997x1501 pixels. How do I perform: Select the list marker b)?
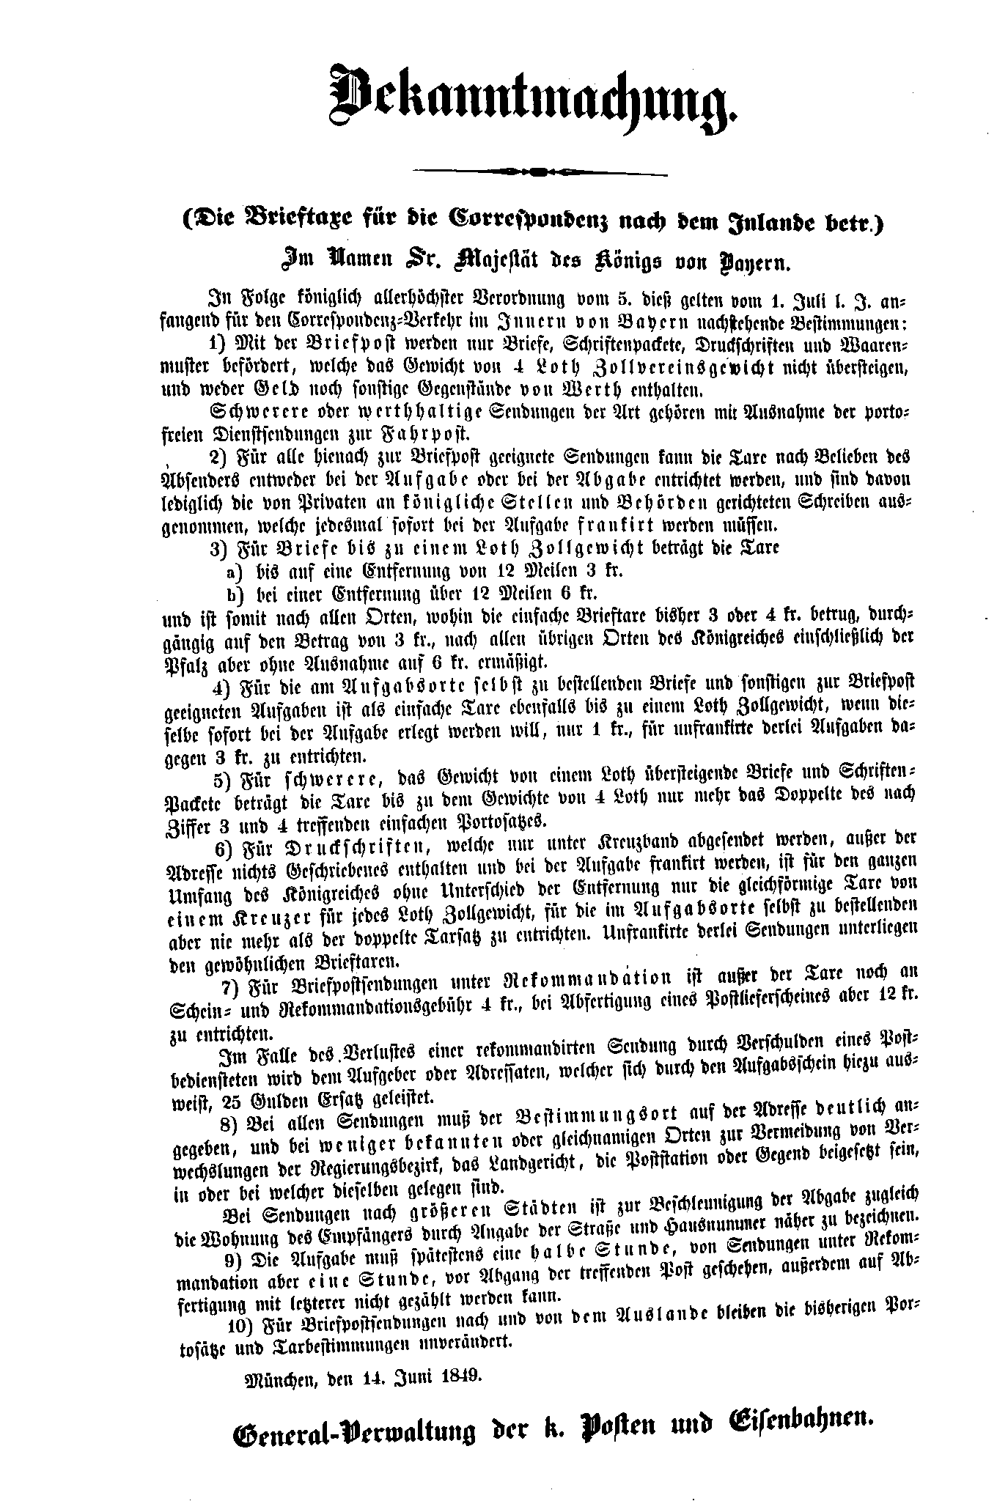click(235, 594)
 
